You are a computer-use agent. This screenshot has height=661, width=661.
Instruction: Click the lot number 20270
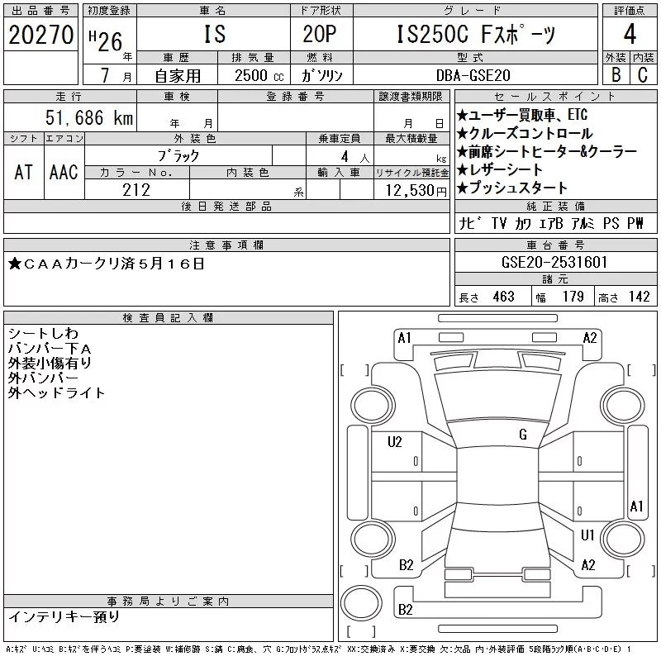pyautogui.click(x=40, y=35)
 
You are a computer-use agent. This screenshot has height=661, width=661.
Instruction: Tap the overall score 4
pyautogui.click(x=630, y=34)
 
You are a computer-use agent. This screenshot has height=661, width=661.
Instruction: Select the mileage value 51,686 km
pyautogui.click(x=89, y=117)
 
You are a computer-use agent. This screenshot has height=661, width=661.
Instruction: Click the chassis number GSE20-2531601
pyautogui.click(x=554, y=262)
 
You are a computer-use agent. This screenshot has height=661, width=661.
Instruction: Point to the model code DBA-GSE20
pyautogui.click(x=473, y=75)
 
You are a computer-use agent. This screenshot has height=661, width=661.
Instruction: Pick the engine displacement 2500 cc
pyautogui.click(x=259, y=75)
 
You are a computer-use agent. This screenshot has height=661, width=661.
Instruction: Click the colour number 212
pyautogui.click(x=136, y=190)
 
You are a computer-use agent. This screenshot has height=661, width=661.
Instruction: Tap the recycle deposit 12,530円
pyautogui.click(x=416, y=191)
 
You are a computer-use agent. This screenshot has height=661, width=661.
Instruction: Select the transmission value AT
pyautogui.click(x=23, y=173)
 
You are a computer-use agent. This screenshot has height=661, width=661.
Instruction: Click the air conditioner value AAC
pyautogui.click(x=64, y=173)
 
